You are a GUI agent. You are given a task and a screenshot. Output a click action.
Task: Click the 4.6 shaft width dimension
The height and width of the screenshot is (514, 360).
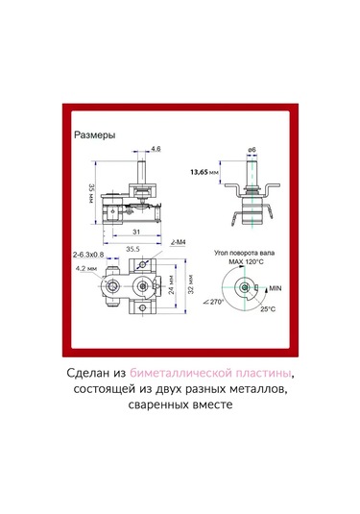click(156, 150)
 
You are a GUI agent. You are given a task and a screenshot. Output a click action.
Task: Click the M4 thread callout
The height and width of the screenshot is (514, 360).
click(178, 242)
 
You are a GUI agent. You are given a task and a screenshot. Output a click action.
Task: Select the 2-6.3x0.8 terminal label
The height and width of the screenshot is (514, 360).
click(92, 255)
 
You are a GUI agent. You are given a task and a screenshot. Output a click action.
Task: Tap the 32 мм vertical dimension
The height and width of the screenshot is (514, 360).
click(190, 287)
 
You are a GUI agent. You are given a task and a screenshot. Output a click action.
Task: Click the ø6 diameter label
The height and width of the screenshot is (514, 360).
click(251, 150)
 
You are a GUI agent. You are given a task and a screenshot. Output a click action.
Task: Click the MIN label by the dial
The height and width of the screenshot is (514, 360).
click(276, 287)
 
